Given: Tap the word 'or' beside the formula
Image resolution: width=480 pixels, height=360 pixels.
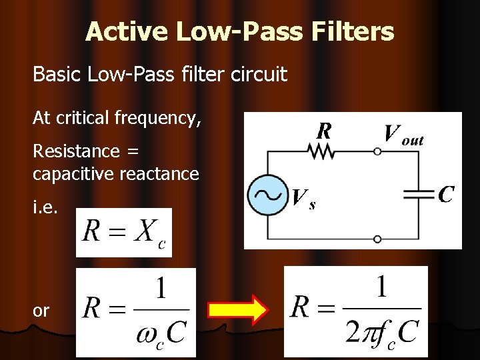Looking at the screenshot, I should point(41,311).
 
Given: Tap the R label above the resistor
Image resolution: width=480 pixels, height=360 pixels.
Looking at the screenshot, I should point(324,131).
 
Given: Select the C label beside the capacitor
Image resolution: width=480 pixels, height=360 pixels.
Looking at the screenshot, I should point(447,194).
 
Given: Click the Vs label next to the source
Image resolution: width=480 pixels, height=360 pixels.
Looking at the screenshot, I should point(303,199).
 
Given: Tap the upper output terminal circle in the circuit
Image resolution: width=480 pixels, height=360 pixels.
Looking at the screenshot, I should point(377,152).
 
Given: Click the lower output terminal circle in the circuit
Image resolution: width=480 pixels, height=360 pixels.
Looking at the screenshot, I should point(377,239).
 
